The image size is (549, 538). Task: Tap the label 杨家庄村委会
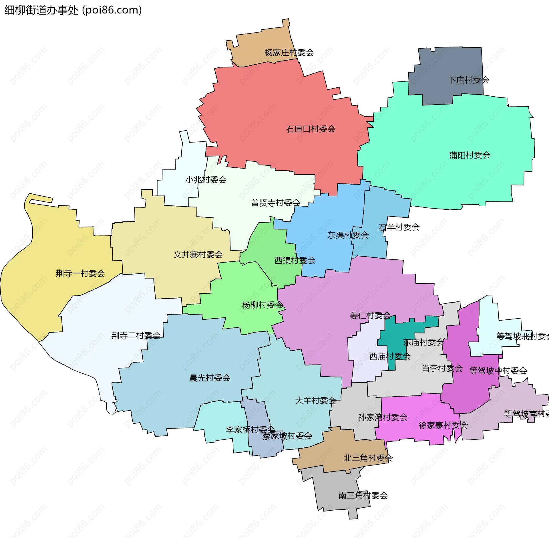pyautogui.click(x=289, y=53)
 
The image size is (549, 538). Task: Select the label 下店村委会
pyautogui.click(x=469, y=80)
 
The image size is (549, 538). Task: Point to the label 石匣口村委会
pyautogui.click(x=311, y=129)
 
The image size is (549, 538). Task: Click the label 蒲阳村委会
pyautogui.click(x=470, y=155)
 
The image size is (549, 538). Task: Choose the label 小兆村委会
pyautogui.click(x=206, y=179)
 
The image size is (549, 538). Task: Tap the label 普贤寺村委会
pyautogui.click(x=276, y=203)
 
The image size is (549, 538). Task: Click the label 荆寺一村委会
pyautogui.click(x=80, y=273)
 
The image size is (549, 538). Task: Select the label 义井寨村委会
pyautogui.click(x=198, y=254)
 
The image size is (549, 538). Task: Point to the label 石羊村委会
pyautogui.click(x=399, y=227)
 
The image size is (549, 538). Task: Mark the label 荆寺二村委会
pyautogui.click(x=136, y=335)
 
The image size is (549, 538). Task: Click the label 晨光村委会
pyautogui.click(x=210, y=378)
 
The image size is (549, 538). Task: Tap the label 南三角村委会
pyautogui.click(x=363, y=495)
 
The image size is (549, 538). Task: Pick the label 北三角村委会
pyautogui.click(x=368, y=458)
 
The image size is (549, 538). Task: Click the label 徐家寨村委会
pyautogui.click(x=443, y=425)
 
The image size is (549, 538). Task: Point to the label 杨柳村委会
pyautogui.click(x=262, y=305)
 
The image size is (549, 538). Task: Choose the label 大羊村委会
pyautogui.click(x=316, y=400)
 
